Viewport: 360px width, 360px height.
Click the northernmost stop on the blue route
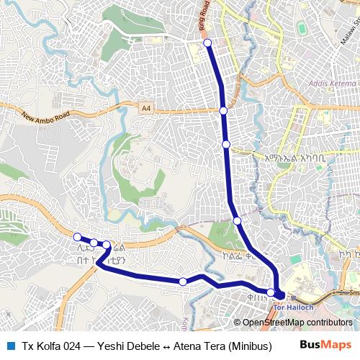point(207,43)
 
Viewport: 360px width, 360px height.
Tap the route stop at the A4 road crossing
point(224,110)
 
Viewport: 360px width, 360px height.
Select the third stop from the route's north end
point(226,145)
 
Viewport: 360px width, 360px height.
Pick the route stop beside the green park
point(237,220)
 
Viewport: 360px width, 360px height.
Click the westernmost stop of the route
point(78,237)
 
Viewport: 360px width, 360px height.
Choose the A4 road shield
point(146,107)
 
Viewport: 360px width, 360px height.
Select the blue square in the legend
point(11,346)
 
